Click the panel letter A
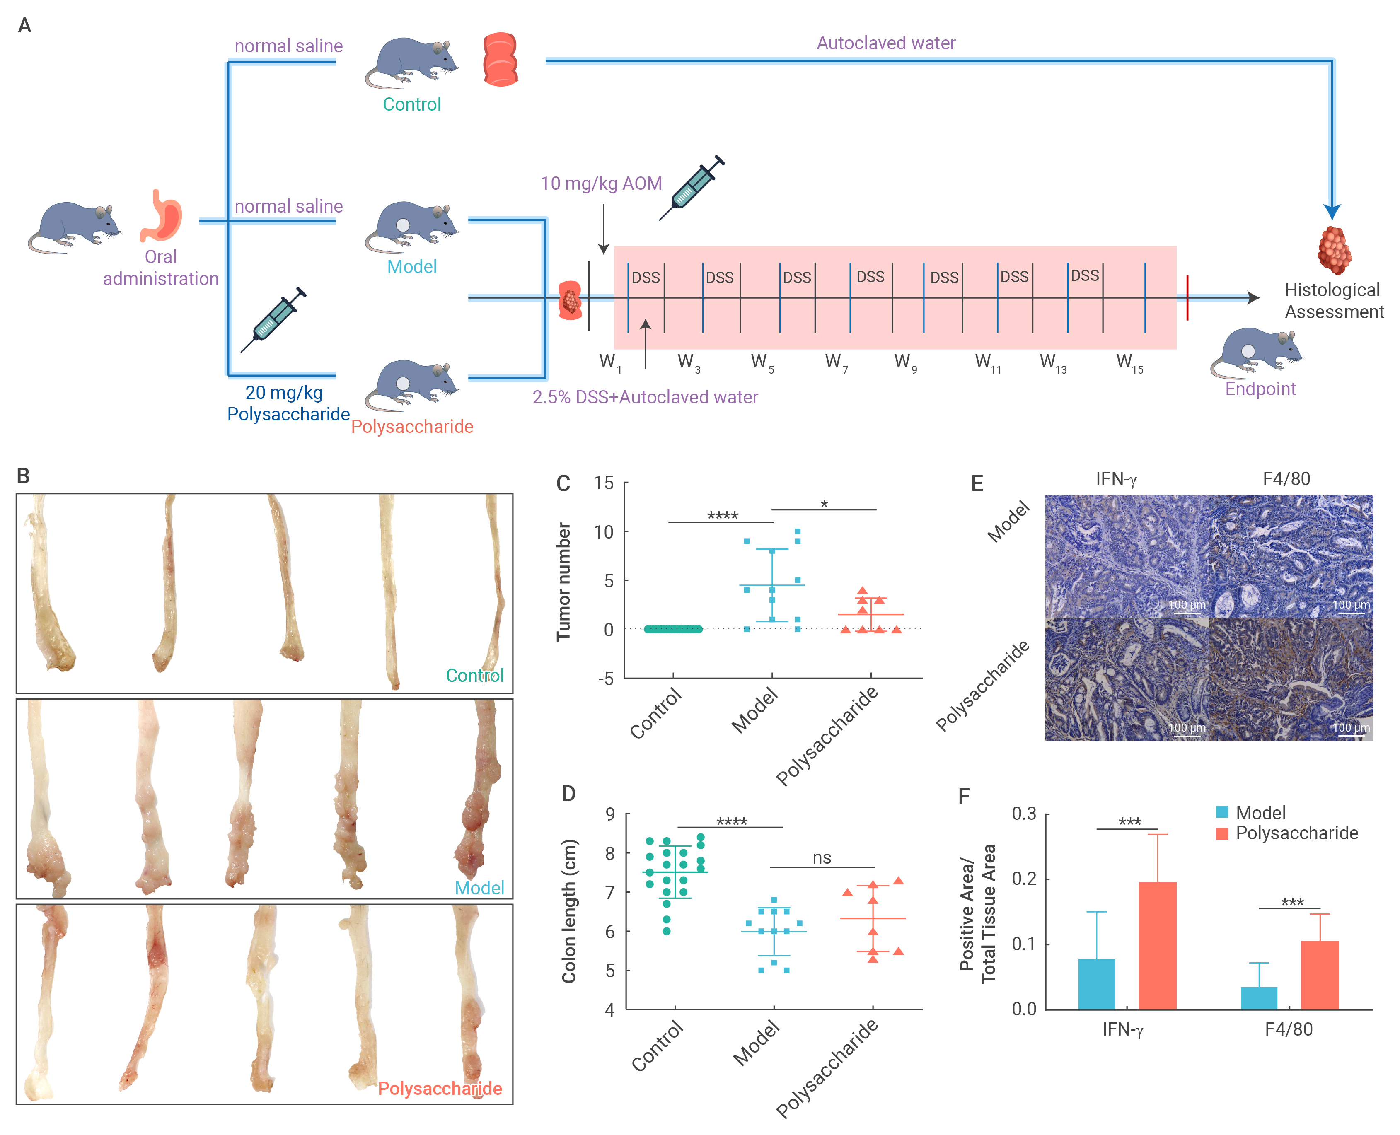[x=25, y=26]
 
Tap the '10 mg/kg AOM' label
[x=601, y=184]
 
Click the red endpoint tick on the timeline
[x=1187, y=298]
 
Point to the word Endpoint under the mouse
[x=1260, y=389]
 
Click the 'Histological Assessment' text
[x=1334, y=301]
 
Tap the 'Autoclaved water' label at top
[x=886, y=43]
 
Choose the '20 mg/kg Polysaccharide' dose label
[x=288, y=403]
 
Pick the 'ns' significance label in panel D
[x=822, y=858]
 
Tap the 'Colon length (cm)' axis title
[x=569, y=911]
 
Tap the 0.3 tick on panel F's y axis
[x=1024, y=814]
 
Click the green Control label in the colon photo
[x=475, y=675]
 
